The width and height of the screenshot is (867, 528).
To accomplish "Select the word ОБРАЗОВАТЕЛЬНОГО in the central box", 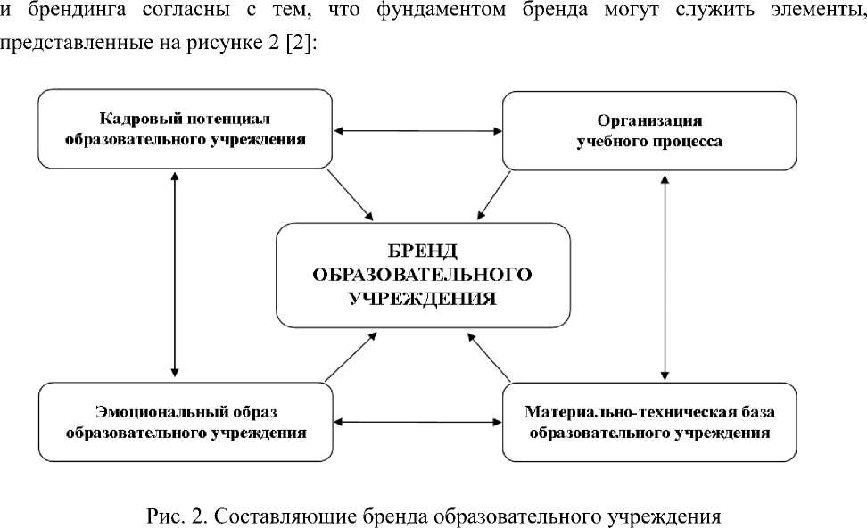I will [422, 274].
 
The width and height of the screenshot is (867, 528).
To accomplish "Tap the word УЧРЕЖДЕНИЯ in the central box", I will [422, 298].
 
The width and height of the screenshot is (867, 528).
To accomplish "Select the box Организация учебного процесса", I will [649, 130].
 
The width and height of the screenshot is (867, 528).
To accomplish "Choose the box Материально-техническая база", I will [649, 422].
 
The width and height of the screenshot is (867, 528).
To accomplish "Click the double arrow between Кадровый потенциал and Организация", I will [416, 131].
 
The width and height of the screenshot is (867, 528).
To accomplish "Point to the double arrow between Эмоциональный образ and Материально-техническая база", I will [416, 419].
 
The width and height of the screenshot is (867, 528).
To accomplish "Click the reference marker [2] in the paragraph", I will [301, 45].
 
